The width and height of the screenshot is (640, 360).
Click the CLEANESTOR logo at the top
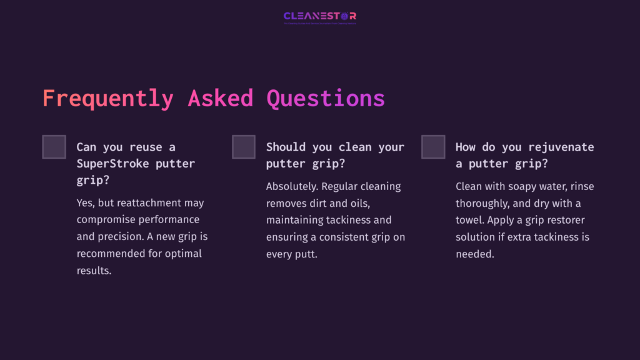point(319,16)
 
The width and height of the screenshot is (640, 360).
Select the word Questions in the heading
point(326,99)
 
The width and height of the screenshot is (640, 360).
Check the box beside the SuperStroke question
point(54,147)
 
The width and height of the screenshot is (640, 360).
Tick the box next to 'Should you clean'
point(244,147)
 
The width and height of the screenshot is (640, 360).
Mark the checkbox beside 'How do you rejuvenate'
point(433,147)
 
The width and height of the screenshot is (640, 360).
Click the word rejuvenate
point(561,147)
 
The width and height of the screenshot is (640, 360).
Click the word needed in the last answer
point(474,254)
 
